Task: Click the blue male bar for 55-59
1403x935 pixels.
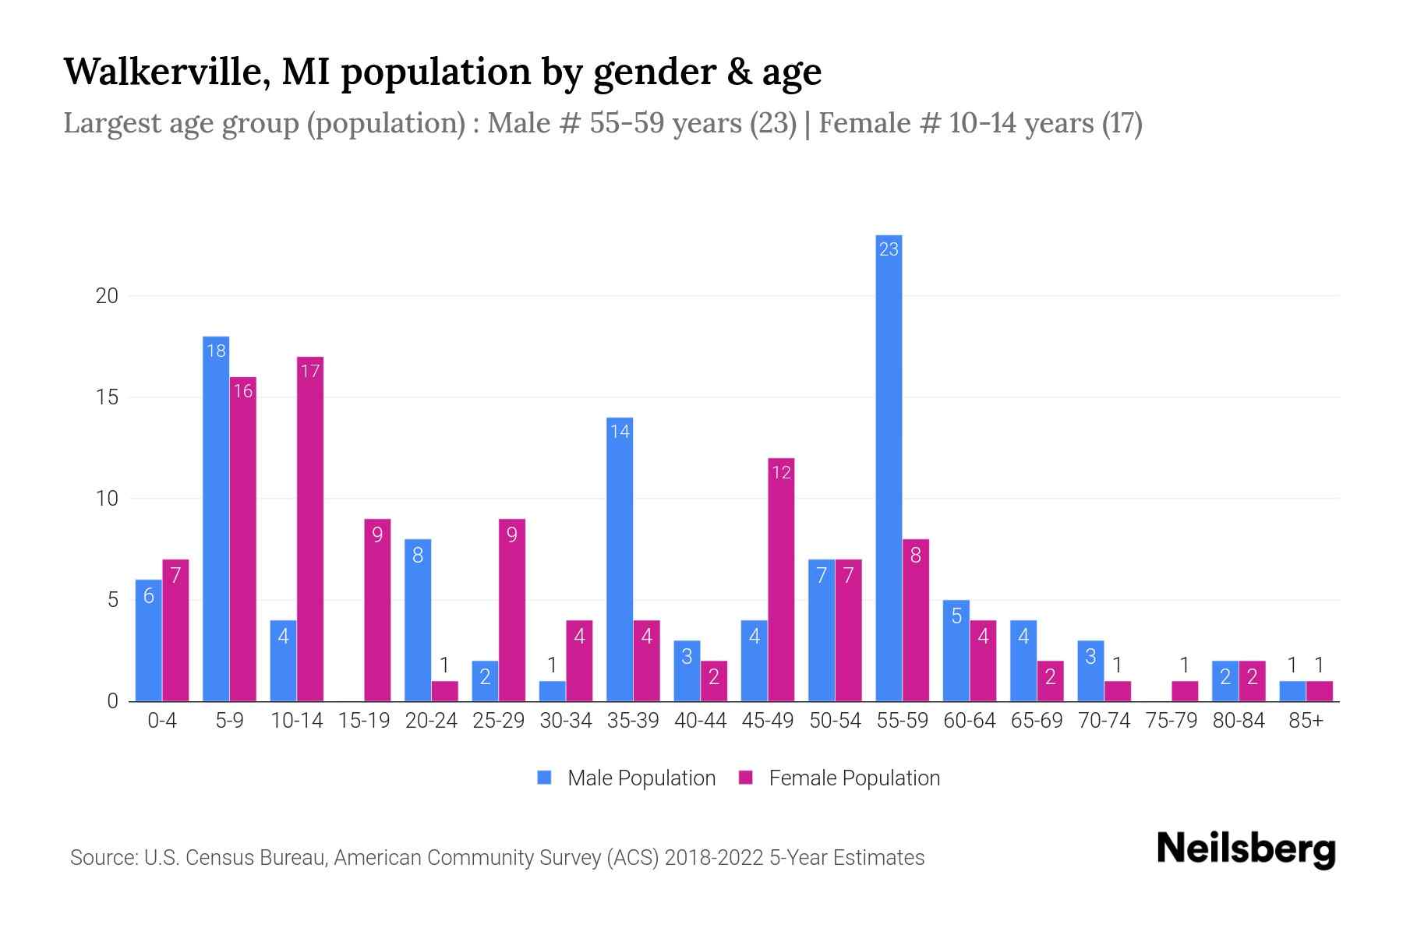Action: click(x=889, y=467)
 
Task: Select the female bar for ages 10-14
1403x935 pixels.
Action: click(x=310, y=530)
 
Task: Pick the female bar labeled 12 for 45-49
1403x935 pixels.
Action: click(x=781, y=580)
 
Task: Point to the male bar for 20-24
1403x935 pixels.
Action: click(x=418, y=620)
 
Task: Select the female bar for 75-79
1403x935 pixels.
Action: click(x=1185, y=691)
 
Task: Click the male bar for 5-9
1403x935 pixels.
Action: click(x=216, y=519)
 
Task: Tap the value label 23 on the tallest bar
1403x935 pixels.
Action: click(x=889, y=249)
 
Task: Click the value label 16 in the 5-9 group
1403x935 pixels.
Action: click(x=243, y=391)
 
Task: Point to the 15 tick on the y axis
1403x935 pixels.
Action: click(x=107, y=397)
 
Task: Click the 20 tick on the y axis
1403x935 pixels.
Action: click(x=107, y=296)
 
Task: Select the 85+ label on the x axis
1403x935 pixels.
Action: click(x=1306, y=721)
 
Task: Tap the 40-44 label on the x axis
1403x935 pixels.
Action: click(x=700, y=721)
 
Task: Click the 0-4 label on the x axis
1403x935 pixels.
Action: click(x=162, y=721)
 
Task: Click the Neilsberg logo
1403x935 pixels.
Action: click(x=1246, y=849)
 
